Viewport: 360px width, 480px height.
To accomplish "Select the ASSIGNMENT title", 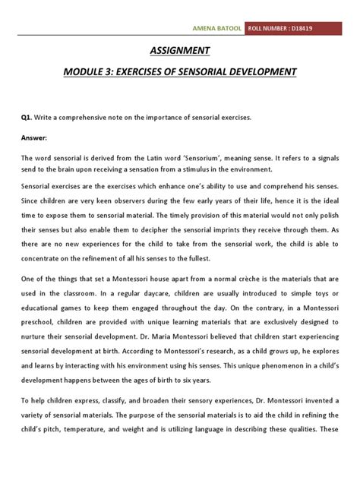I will point(180,52).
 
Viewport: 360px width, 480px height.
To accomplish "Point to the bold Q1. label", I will point(26,119).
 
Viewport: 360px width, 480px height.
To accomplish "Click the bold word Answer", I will point(33,139).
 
